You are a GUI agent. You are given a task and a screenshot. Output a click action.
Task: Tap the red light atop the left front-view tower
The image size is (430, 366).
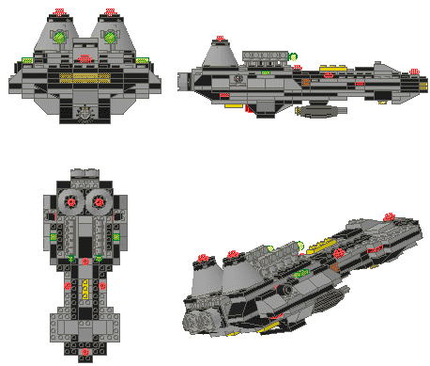pos(62,11)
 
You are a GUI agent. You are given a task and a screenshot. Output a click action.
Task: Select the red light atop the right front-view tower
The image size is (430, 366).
pos(117,11)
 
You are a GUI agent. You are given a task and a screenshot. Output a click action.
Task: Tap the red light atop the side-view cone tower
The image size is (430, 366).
pos(221,38)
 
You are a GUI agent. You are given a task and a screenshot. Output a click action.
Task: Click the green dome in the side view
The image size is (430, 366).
pos(293,57)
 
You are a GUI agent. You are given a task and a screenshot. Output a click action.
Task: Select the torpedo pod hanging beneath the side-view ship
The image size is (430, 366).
pos(321,111)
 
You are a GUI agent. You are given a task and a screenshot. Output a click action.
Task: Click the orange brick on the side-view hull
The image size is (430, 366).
pos(306,83)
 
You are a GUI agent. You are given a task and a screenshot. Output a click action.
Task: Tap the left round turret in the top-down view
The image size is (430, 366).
pos(71,202)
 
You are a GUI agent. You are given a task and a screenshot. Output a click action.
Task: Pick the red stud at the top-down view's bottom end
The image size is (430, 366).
pos(85,352)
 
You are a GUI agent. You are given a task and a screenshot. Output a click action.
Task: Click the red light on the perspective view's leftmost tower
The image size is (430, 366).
pos(206,257)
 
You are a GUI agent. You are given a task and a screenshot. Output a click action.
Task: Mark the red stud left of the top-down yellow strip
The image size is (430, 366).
pos(68,283)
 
